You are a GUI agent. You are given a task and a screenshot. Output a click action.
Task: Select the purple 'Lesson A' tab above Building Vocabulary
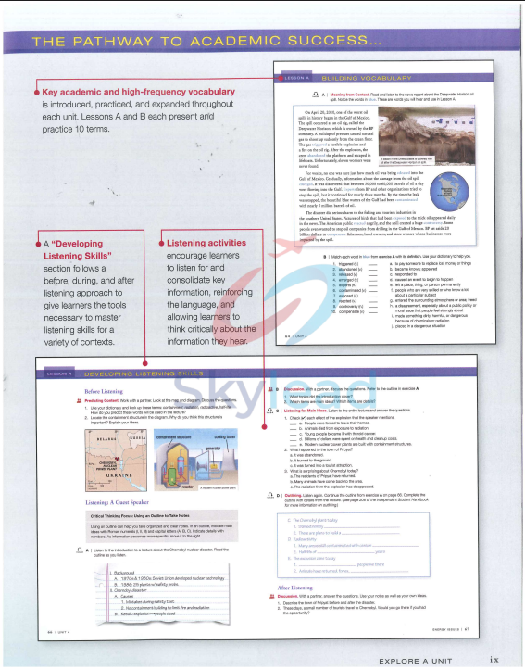click(x=298, y=80)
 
